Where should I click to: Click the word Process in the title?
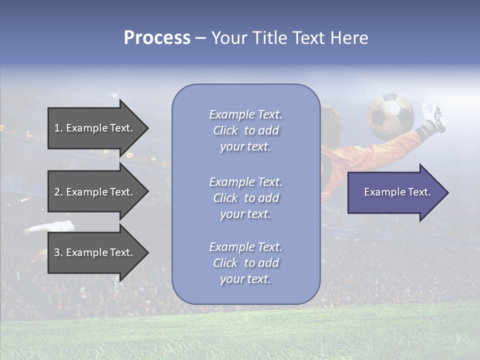coord(157,38)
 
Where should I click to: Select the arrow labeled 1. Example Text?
coord(95,128)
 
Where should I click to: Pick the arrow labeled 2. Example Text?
coord(95,192)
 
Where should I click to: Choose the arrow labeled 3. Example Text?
coord(95,252)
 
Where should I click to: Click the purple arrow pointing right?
coord(395,192)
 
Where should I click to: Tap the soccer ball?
coord(390,116)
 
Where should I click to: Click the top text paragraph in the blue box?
coord(245,130)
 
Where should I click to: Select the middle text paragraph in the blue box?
coord(245,198)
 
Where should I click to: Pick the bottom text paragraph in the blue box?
coord(245,263)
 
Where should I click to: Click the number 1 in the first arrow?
coord(57,128)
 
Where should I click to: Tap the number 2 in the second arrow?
coord(57,192)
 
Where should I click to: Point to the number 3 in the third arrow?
coord(57,252)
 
